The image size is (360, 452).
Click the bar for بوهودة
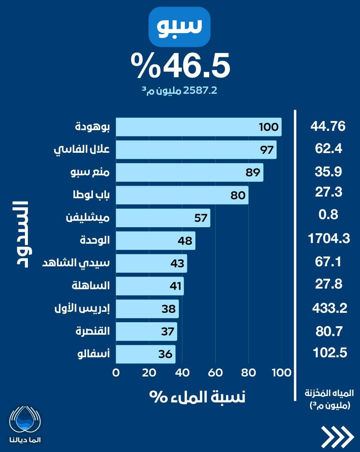click(199, 127)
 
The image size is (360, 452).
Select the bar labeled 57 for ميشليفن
click(163, 218)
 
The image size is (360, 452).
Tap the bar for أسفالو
click(146, 354)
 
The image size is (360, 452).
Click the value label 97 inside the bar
click(267, 150)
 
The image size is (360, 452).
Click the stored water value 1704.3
click(328, 239)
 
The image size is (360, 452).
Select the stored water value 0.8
click(328, 216)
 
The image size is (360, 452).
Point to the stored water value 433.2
click(328, 308)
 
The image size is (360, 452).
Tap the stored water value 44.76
click(328, 127)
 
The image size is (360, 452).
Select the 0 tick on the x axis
click(116, 372)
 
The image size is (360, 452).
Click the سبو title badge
click(180, 27)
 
